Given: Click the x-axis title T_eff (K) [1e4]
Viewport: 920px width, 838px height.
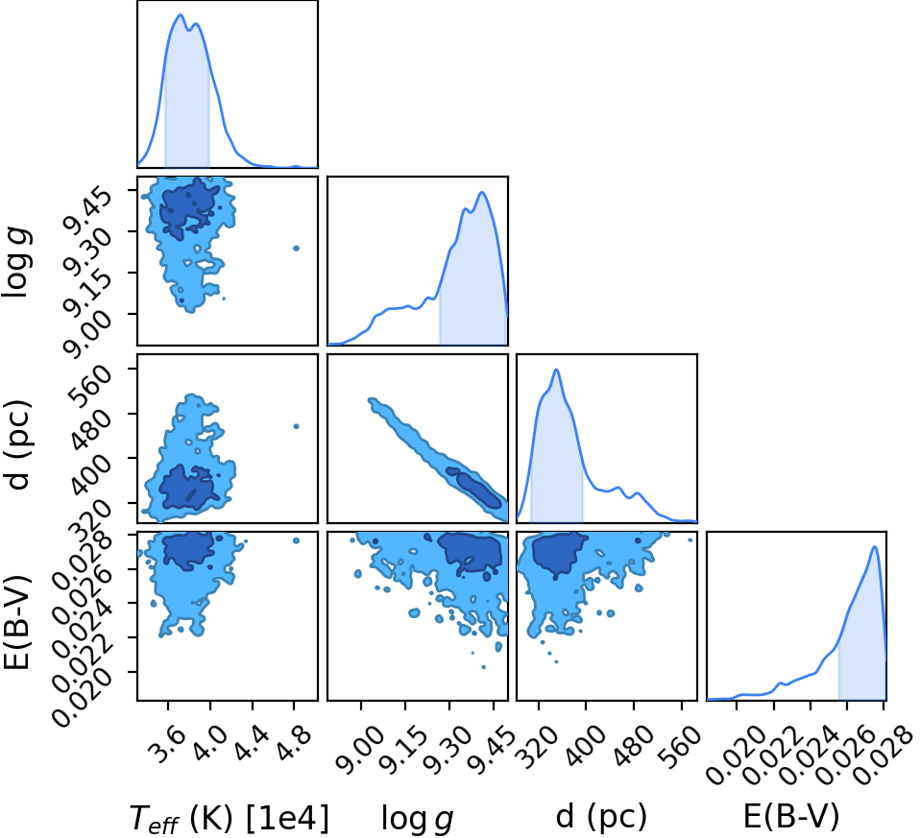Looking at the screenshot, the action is click(229, 818).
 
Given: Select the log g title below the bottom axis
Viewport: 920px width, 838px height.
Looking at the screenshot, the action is click(417, 819).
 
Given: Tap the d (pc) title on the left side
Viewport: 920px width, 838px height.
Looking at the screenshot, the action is click(19, 445).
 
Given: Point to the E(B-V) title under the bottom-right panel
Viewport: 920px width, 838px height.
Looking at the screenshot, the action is click(791, 816).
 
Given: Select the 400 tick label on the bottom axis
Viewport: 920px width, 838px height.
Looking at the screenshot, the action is click(584, 746).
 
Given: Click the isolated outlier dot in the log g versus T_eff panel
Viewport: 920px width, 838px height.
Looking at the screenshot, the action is click(297, 248).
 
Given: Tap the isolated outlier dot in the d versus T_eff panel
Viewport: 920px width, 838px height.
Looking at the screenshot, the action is click(297, 426).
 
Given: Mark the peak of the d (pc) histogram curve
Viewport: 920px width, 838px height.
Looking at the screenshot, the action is click(556, 370).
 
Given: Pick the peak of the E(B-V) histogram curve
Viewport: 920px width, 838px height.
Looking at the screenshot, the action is click(874, 546).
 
